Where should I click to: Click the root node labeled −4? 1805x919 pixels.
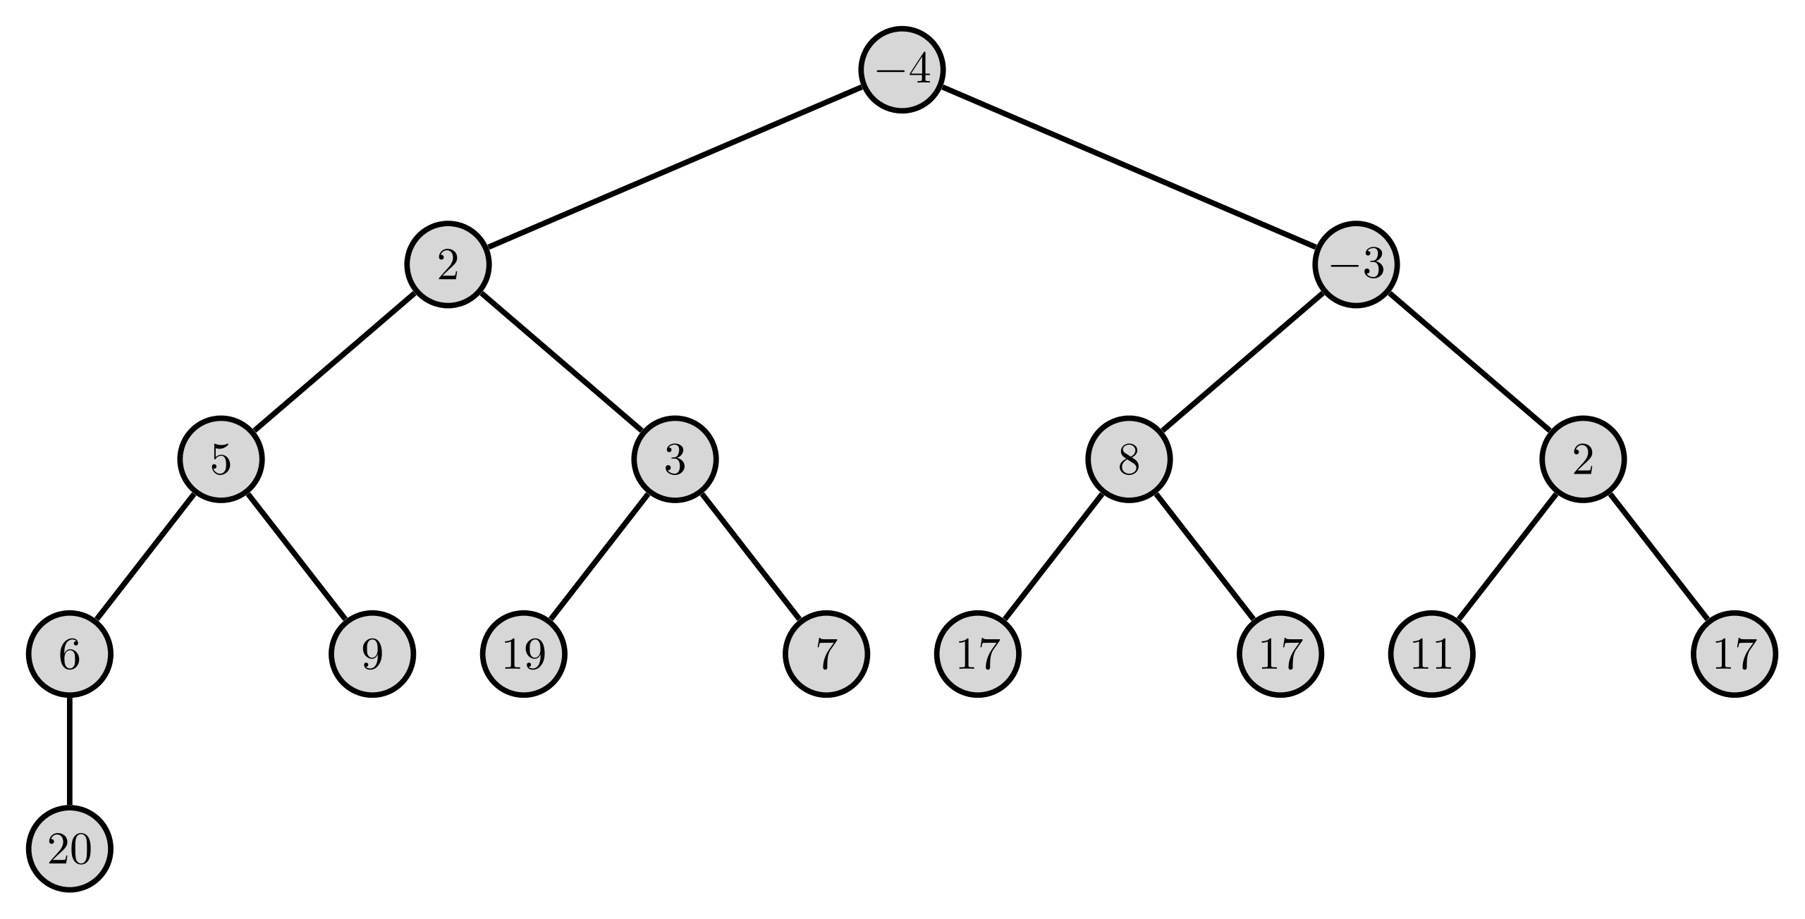[902, 70]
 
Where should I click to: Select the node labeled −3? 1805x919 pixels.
[1356, 264]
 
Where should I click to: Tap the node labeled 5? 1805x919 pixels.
[221, 459]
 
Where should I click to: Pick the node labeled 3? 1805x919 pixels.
[675, 459]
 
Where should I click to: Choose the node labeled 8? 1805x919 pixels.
[1129, 459]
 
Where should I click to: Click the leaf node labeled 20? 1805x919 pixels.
[69, 849]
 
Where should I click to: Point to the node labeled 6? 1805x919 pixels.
[69, 654]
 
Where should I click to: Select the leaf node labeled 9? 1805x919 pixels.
[372, 654]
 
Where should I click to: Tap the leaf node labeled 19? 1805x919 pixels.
[523, 654]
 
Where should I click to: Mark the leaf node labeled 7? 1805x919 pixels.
[826, 654]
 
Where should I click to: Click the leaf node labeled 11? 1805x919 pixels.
[1432, 654]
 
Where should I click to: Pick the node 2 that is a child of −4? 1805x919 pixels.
[448, 264]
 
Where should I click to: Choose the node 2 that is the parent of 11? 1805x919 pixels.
[1583, 459]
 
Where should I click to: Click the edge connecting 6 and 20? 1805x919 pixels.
[69, 751]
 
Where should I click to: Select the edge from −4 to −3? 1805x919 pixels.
[1129, 167]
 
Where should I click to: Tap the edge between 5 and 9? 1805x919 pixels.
[297, 557]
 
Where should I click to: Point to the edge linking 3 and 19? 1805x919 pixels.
[599, 557]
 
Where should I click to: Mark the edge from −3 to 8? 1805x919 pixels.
[1242, 362]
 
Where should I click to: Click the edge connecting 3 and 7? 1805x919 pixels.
[751, 557]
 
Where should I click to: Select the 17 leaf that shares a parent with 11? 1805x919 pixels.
[1734, 654]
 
